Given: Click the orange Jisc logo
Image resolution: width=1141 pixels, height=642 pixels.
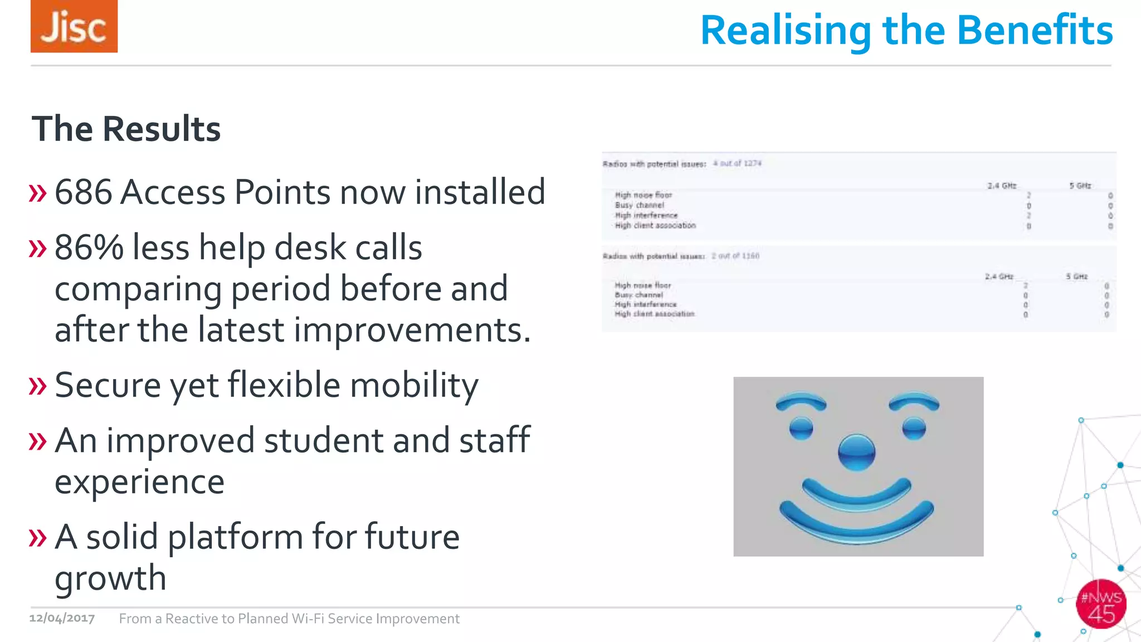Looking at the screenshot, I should click(74, 27).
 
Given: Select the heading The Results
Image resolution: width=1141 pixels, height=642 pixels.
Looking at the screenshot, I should click(126, 129).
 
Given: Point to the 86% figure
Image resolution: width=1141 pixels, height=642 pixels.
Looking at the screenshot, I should click(89, 247).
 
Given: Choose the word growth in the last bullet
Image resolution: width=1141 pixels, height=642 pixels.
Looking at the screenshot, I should click(111, 578).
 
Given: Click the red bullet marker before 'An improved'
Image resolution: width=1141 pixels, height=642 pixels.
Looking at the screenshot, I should click(37, 441).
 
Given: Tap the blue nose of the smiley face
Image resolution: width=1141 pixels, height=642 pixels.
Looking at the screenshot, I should click(856, 452).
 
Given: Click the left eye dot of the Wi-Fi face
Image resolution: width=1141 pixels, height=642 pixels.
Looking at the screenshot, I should click(801, 428).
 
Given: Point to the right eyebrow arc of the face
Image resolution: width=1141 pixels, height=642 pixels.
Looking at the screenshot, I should click(914, 402).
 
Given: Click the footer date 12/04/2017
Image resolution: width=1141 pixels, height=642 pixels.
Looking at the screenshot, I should click(62, 619).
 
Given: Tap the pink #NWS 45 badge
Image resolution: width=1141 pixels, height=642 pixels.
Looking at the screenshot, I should click(1101, 605).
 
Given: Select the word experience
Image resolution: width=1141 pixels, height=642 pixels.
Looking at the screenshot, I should click(140, 481).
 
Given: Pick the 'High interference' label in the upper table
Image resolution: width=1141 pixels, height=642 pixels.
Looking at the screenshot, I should click(646, 215).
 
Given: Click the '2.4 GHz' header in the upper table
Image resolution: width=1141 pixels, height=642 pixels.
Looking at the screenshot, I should click(1002, 186).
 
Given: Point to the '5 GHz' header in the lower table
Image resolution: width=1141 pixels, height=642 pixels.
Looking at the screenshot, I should click(1077, 276).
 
